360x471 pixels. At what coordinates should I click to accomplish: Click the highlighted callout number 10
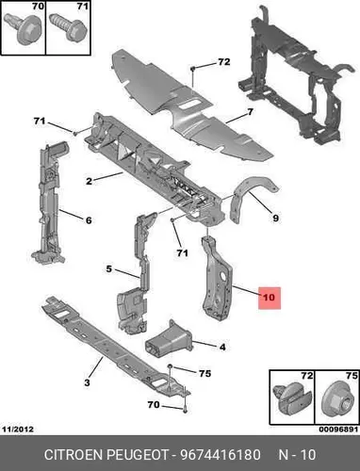pyautogui.click(x=269, y=297)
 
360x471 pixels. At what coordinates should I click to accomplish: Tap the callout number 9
pyautogui.click(x=275, y=218)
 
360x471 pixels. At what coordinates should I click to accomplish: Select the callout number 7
pyautogui.click(x=250, y=112)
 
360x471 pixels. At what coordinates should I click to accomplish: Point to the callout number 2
pyautogui.click(x=90, y=181)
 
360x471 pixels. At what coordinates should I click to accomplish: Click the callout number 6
pyautogui.click(x=89, y=220)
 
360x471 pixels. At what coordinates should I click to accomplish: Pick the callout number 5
pyautogui.click(x=108, y=269)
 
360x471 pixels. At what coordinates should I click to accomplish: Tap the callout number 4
pyautogui.click(x=222, y=348)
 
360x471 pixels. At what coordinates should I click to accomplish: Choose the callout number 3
pyautogui.click(x=88, y=382)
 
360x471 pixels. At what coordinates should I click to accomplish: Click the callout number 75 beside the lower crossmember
pyautogui.click(x=205, y=373)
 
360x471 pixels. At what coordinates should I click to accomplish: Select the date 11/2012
pyautogui.click(x=18, y=430)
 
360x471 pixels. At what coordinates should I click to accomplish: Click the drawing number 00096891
pyautogui.click(x=338, y=430)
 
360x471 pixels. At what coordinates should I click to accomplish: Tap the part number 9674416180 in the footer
pyautogui.click(x=220, y=455)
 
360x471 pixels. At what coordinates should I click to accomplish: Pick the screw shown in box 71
pyautogui.click(x=68, y=27)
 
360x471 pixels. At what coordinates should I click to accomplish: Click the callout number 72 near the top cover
pyautogui.click(x=223, y=62)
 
